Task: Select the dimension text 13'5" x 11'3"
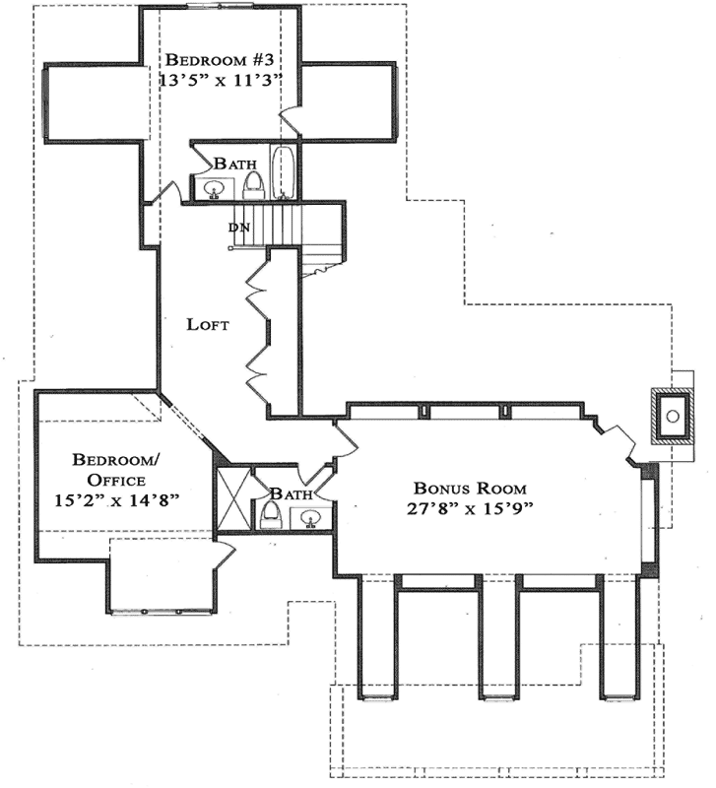point(223,79)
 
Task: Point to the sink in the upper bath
point(215,187)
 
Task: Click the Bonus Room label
point(470,488)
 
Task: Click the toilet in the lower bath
point(271,514)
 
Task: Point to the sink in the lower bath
point(312,517)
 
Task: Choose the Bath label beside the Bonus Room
point(292,492)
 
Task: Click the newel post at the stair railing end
point(230,248)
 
